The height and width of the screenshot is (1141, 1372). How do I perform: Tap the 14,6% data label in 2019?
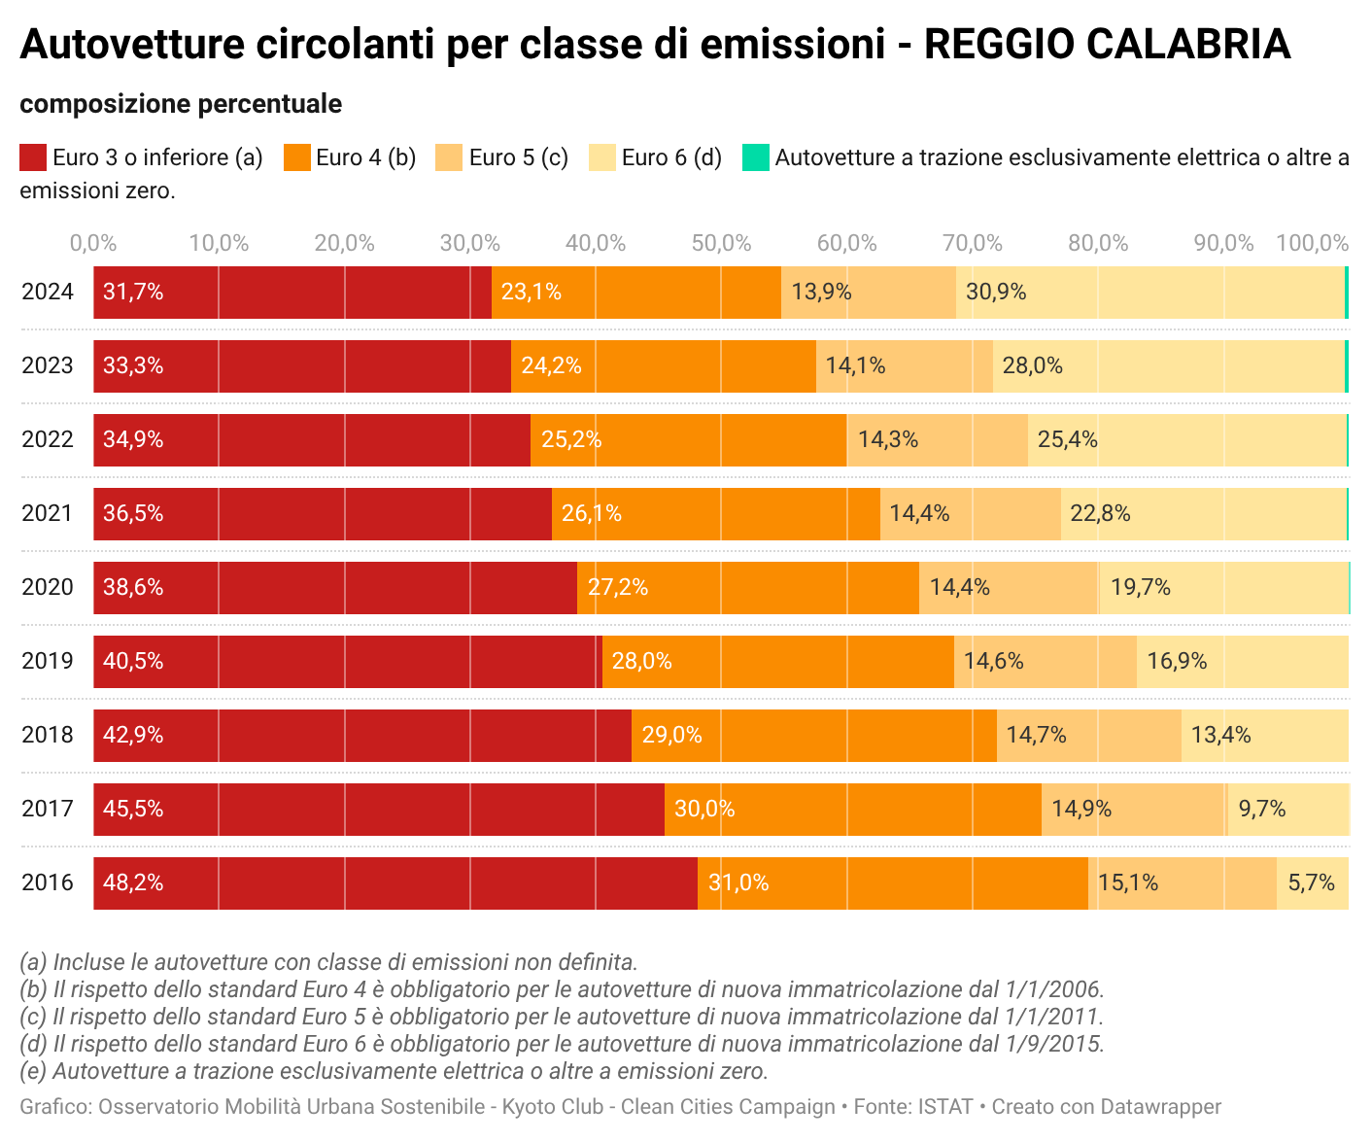click(x=993, y=662)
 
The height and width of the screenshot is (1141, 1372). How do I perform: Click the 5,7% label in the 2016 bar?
click(x=1311, y=883)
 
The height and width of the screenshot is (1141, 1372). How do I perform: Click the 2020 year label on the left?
click(x=48, y=588)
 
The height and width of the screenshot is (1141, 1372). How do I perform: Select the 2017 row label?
click(x=48, y=810)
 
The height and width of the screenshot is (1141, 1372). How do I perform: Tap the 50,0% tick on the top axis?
click(x=721, y=244)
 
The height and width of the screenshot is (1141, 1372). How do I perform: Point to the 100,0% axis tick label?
click(x=1311, y=244)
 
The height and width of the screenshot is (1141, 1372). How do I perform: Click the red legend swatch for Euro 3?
click(x=33, y=157)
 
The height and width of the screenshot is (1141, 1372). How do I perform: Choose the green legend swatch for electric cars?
click(x=755, y=157)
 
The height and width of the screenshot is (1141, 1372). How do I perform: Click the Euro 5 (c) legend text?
click(x=518, y=157)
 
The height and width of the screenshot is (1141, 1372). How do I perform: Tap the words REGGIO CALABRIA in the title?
click(x=1107, y=45)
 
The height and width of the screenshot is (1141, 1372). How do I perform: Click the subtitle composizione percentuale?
click(x=181, y=104)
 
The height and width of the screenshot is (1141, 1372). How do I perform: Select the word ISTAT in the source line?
click(x=946, y=1107)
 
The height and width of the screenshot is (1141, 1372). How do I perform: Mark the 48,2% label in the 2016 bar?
click(x=133, y=883)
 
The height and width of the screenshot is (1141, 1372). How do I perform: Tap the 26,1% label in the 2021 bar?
click(x=591, y=514)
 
